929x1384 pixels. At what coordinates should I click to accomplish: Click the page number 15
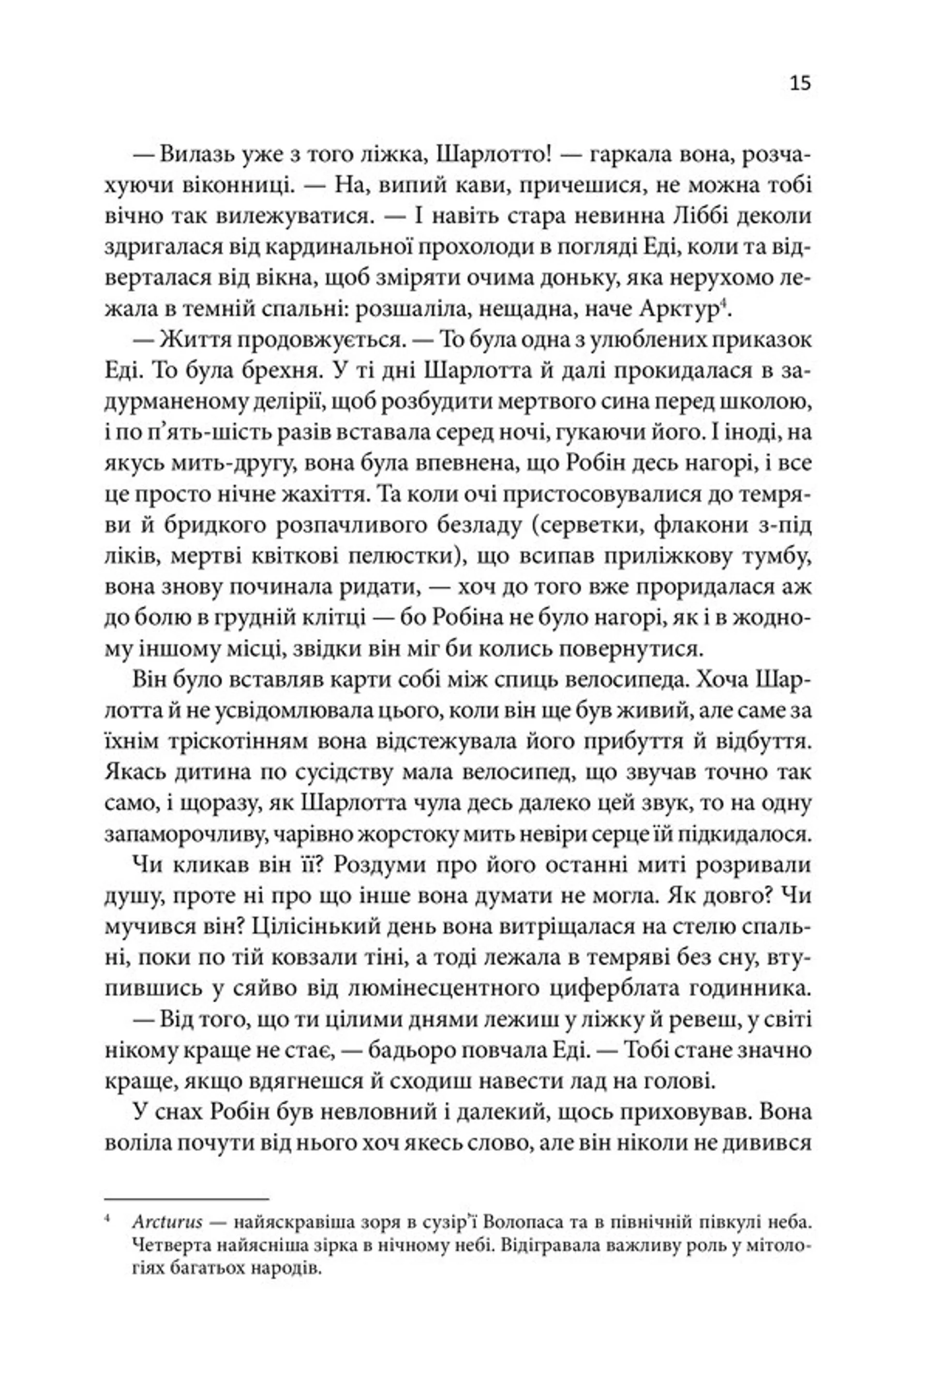coord(800,83)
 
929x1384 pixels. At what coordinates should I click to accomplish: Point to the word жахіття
coord(314,494)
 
